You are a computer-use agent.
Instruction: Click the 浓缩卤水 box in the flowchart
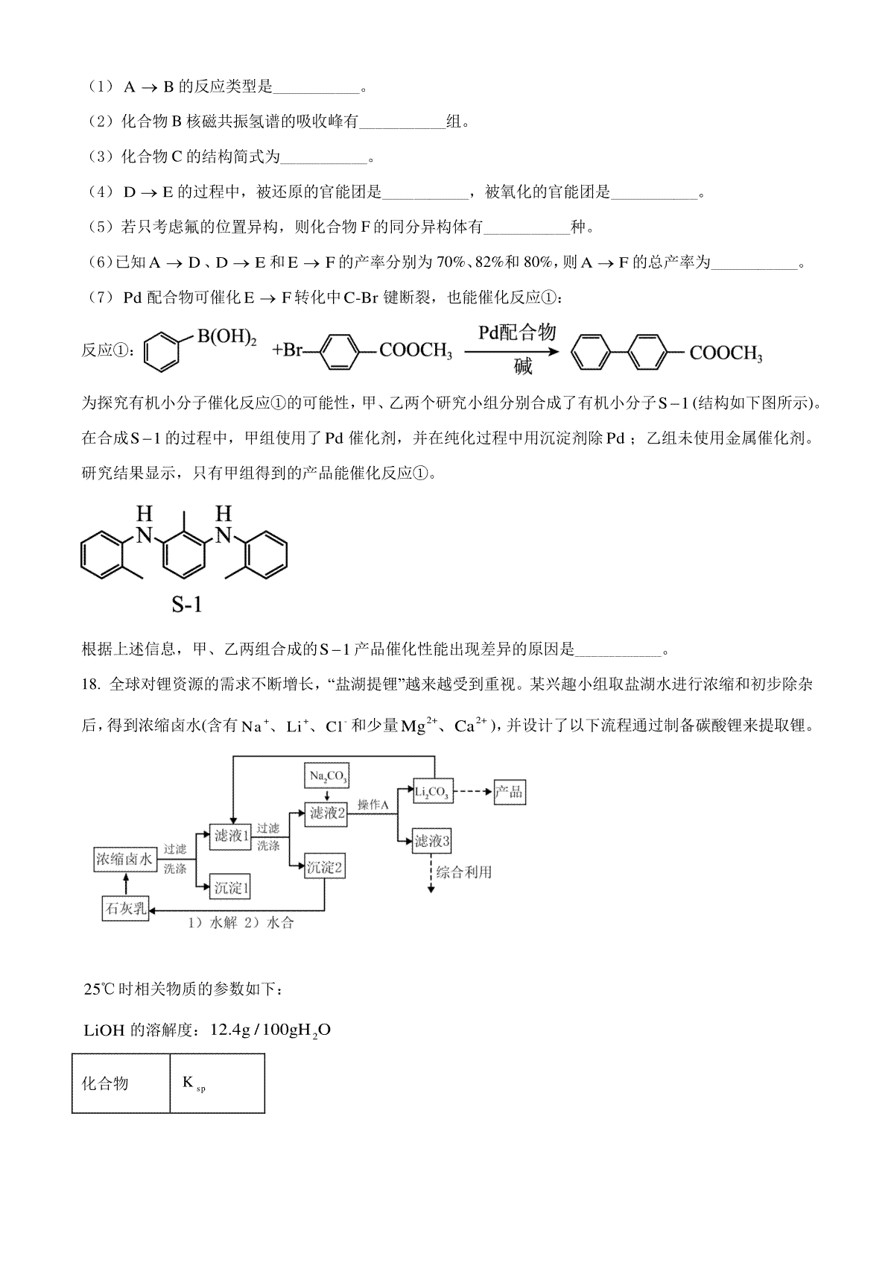pos(124,860)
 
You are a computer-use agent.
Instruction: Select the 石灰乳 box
pos(125,909)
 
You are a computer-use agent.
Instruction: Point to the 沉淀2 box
pos(325,867)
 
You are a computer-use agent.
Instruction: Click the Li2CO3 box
pos(433,792)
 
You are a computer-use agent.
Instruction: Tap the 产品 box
pos(509,792)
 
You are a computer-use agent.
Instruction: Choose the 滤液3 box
pos(433,841)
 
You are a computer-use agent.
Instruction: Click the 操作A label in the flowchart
pos(373,804)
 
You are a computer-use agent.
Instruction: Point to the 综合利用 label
pos(464,872)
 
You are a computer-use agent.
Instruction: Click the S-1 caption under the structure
pos(186,604)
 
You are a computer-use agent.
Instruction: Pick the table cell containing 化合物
pos(121,1083)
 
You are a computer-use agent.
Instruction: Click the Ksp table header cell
pos(217,1083)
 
